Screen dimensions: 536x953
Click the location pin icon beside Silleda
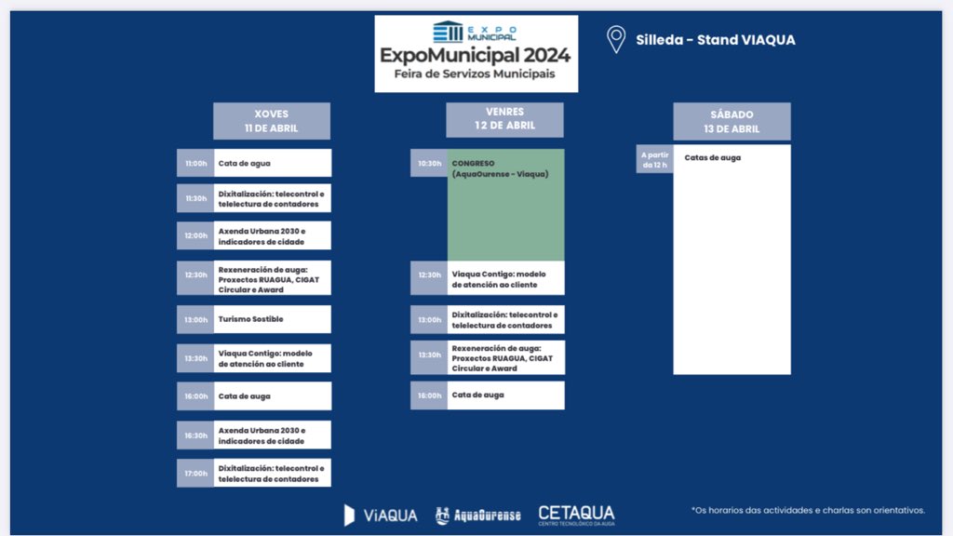(x=615, y=39)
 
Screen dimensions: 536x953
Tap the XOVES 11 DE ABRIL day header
(x=271, y=121)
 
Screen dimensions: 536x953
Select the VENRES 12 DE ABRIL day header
(x=504, y=119)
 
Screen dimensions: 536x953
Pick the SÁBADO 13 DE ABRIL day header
(x=732, y=122)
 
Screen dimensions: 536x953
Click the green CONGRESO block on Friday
(x=505, y=205)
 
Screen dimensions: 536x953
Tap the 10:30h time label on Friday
(x=429, y=163)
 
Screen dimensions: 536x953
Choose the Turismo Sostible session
(x=272, y=319)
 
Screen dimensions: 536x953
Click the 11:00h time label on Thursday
(x=195, y=163)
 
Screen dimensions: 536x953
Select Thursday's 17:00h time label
(x=195, y=473)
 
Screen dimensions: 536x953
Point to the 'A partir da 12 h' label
(x=654, y=159)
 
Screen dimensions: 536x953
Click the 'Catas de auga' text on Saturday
(x=713, y=158)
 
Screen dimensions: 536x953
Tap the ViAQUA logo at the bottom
(x=381, y=515)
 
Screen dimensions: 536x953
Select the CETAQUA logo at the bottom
(x=576, y=515)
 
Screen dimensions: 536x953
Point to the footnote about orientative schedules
(x=808, y=510)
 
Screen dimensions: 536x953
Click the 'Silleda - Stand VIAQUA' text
(x=715, y=40)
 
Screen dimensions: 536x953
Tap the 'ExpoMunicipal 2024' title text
(x=476, y=55)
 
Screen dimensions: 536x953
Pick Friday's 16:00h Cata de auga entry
(x=505, y=395)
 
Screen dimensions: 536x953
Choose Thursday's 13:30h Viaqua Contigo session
(x=272, y=358)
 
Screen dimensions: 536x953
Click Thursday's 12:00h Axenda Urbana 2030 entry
(x=272, y=235)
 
